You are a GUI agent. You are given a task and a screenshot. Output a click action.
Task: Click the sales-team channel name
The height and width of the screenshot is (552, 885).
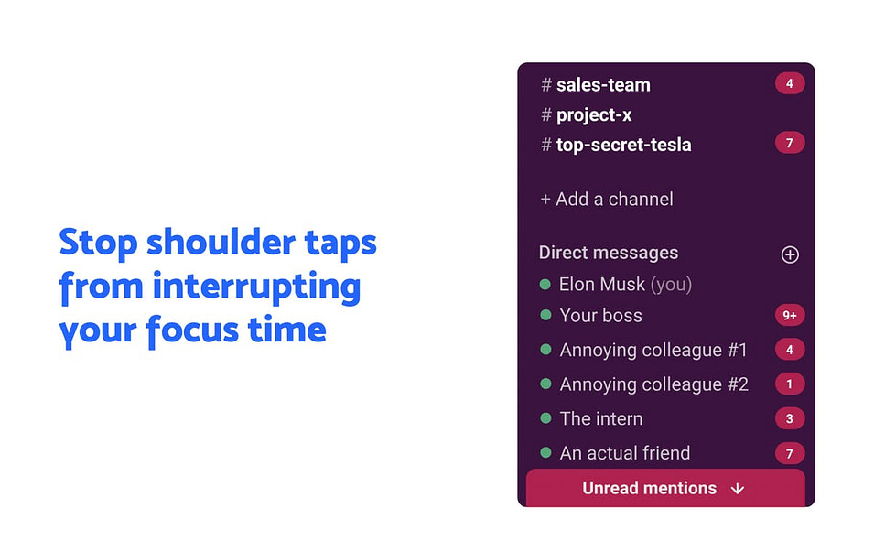(x=603, y=84)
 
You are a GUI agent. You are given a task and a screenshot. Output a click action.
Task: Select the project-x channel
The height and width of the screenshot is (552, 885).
(x=594, y=115)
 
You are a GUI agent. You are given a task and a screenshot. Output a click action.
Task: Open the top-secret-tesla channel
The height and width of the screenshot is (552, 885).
(x=623, y=145)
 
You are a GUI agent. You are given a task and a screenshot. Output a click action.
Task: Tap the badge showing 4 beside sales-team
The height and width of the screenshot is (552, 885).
(x=790, y=83)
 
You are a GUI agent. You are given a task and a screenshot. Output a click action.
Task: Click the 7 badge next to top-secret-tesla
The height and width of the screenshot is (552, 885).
(x=790, y=143)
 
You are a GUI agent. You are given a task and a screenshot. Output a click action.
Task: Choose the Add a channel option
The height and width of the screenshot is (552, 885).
(x=607, y=199)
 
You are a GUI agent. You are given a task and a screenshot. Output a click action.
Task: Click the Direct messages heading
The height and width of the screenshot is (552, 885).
(x=609, y=253)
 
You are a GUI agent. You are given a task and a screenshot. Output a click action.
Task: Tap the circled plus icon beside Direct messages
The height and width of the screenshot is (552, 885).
(x=790, y=254)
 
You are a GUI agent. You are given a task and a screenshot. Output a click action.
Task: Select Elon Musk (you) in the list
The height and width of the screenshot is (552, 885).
(x=625, y=285)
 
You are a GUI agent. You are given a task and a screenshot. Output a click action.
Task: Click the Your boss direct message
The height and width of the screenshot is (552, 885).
(x=600, y=316)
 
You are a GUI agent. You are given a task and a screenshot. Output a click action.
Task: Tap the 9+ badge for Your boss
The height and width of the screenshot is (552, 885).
(x=790, y=316)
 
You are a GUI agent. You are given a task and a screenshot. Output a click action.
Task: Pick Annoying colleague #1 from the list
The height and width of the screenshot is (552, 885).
(x=653, y=350)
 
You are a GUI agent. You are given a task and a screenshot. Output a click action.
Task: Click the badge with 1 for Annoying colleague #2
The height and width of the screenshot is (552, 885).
(x=790, y=384)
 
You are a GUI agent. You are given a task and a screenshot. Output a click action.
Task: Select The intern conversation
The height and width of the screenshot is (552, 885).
(x=601, y=418)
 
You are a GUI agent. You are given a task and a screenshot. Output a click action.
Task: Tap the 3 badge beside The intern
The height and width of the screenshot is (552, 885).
(x=790, y=418)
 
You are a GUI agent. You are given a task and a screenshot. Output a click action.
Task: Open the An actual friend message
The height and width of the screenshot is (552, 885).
(x=625, y=453)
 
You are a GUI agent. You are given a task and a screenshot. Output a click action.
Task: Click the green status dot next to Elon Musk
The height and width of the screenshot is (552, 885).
(x=545, y=285)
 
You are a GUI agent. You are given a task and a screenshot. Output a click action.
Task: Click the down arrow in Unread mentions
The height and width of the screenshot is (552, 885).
(x=738, y=489)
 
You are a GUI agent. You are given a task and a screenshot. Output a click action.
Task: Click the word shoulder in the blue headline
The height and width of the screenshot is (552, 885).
(x=221, y=243)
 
